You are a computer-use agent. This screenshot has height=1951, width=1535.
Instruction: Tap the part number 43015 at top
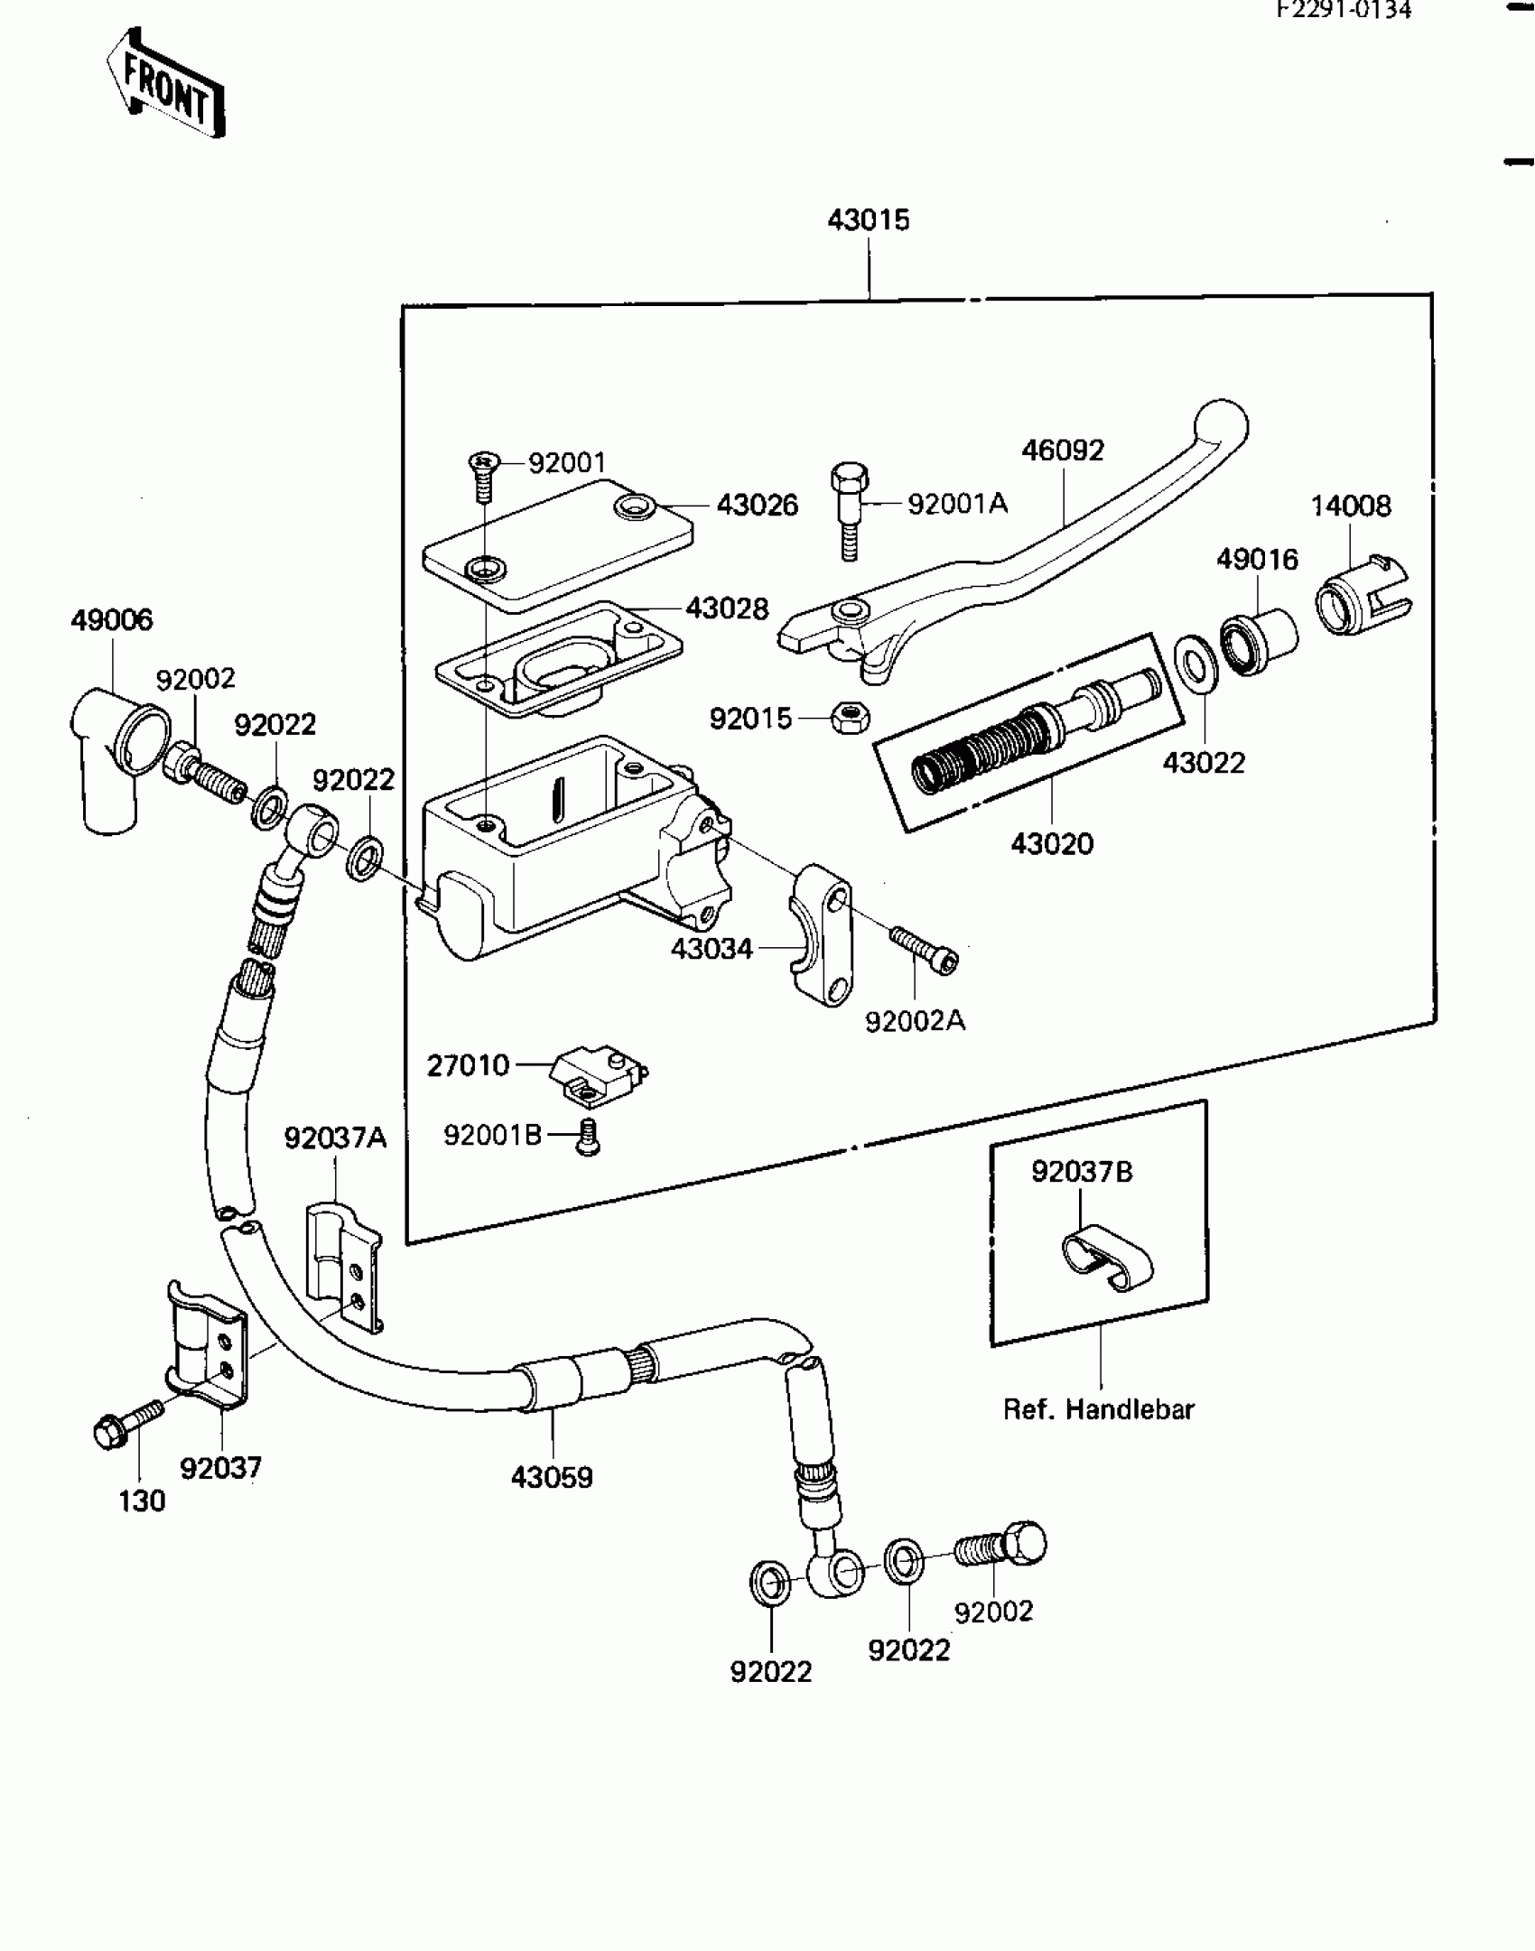(869, 220)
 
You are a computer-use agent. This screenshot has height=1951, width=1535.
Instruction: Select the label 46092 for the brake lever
(1063, 450)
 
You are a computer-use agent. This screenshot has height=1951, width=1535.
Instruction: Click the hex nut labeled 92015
(850, 718)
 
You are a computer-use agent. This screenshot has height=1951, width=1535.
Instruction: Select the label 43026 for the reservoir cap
(758, 506)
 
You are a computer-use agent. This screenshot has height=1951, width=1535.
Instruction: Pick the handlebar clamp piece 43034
(820, 934)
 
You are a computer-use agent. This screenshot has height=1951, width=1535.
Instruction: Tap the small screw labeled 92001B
(589, 1138)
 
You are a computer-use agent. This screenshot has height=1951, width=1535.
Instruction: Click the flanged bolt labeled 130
(127, 1423)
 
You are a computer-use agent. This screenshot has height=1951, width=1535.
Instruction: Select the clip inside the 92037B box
(1105, 1258)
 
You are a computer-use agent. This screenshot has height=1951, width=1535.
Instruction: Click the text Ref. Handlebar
(1099, 1409)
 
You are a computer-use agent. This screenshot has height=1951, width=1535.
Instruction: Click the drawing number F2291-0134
(1344, 10)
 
